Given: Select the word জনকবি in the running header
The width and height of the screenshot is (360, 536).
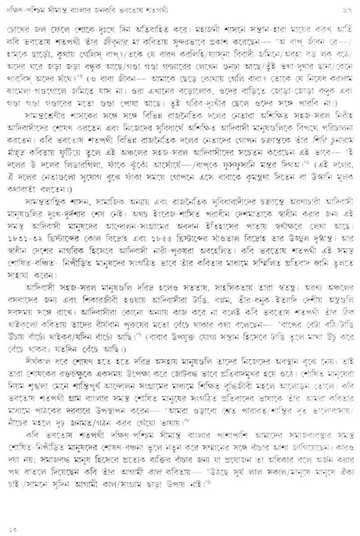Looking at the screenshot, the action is tap(187, 8).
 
